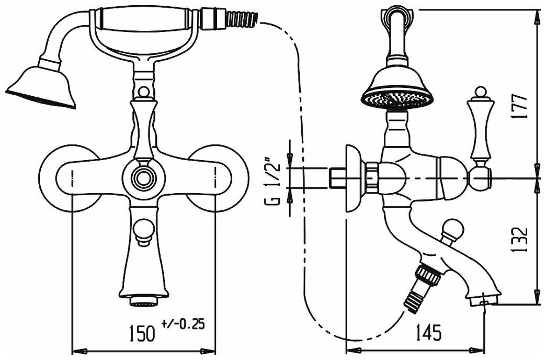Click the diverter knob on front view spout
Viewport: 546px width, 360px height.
[142, 230]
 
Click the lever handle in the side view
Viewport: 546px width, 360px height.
[480, 126]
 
